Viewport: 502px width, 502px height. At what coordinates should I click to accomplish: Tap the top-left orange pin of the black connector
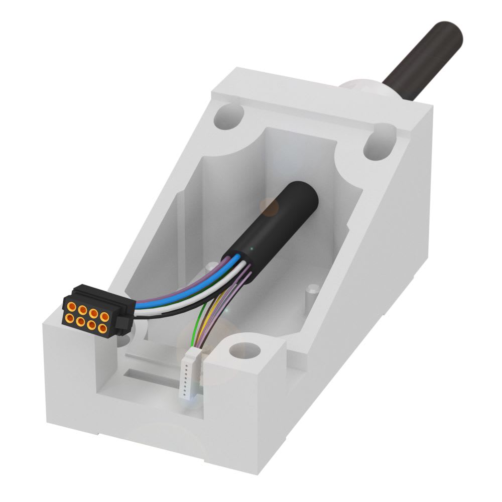coord(72,307)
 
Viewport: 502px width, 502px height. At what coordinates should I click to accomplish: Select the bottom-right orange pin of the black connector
coord(102,328)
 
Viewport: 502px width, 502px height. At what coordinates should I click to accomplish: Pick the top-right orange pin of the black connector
coord(104,317)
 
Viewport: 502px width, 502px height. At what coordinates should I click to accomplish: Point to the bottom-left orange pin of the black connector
coord(70,318)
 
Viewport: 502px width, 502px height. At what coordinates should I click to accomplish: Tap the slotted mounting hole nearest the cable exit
coord(379,144)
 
